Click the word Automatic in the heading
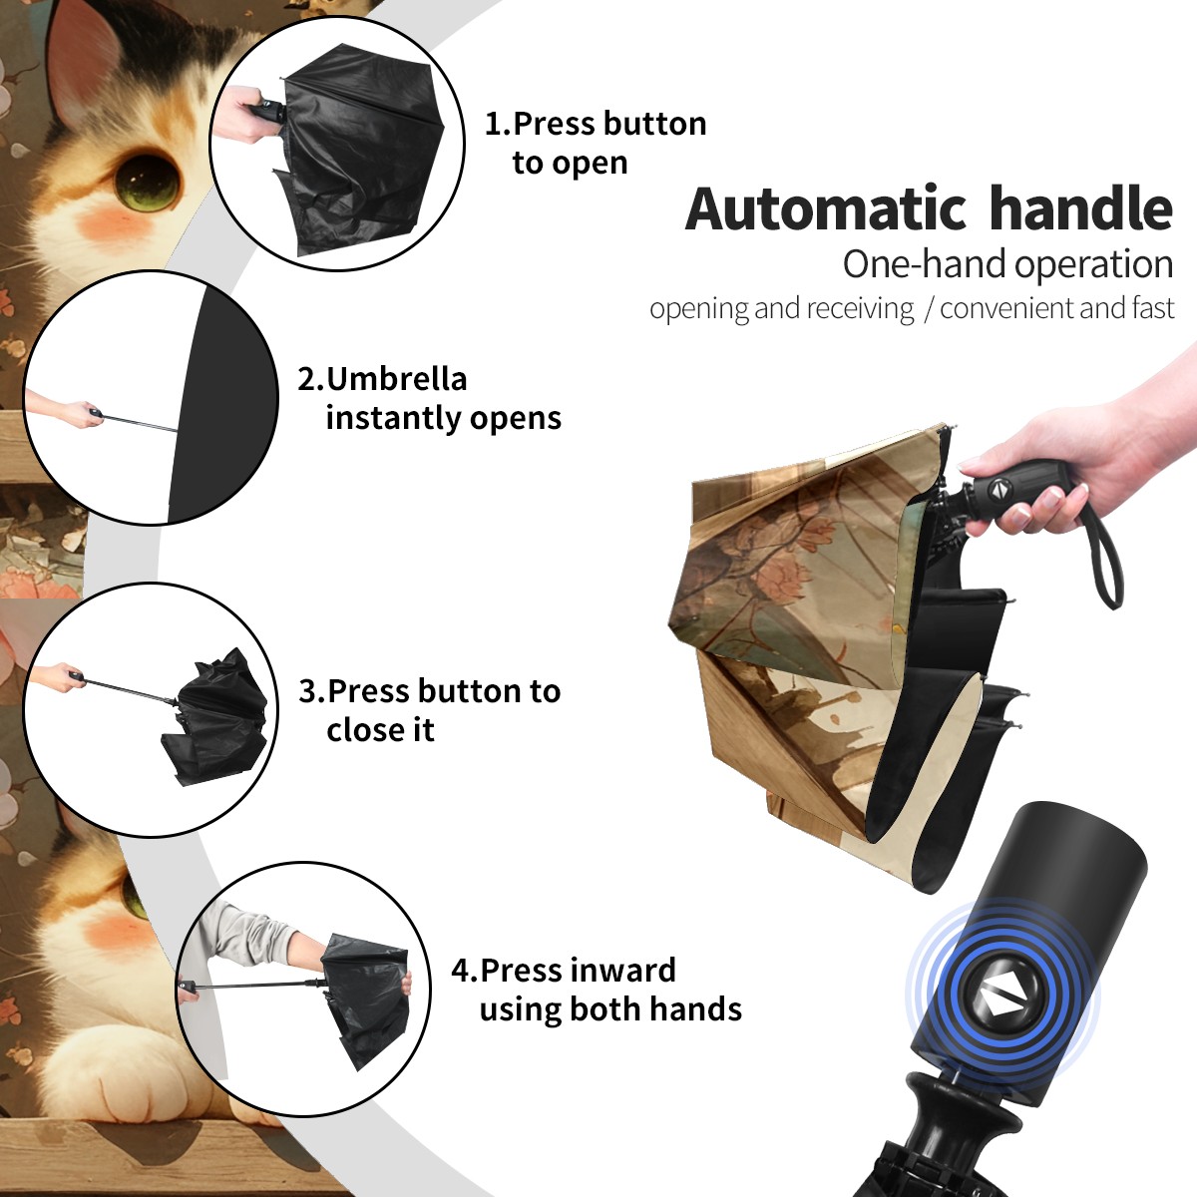[x=826, y=209]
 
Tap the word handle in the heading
[x=1081, y=207]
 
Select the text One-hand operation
[x=1007, y=264]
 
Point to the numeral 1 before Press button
[x=492, y=124]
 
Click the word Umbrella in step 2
[x=397, y=378]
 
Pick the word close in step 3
[x=359, y=729]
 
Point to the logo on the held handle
[x=998, y=490]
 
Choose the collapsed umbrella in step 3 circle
[x=217, y=717]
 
